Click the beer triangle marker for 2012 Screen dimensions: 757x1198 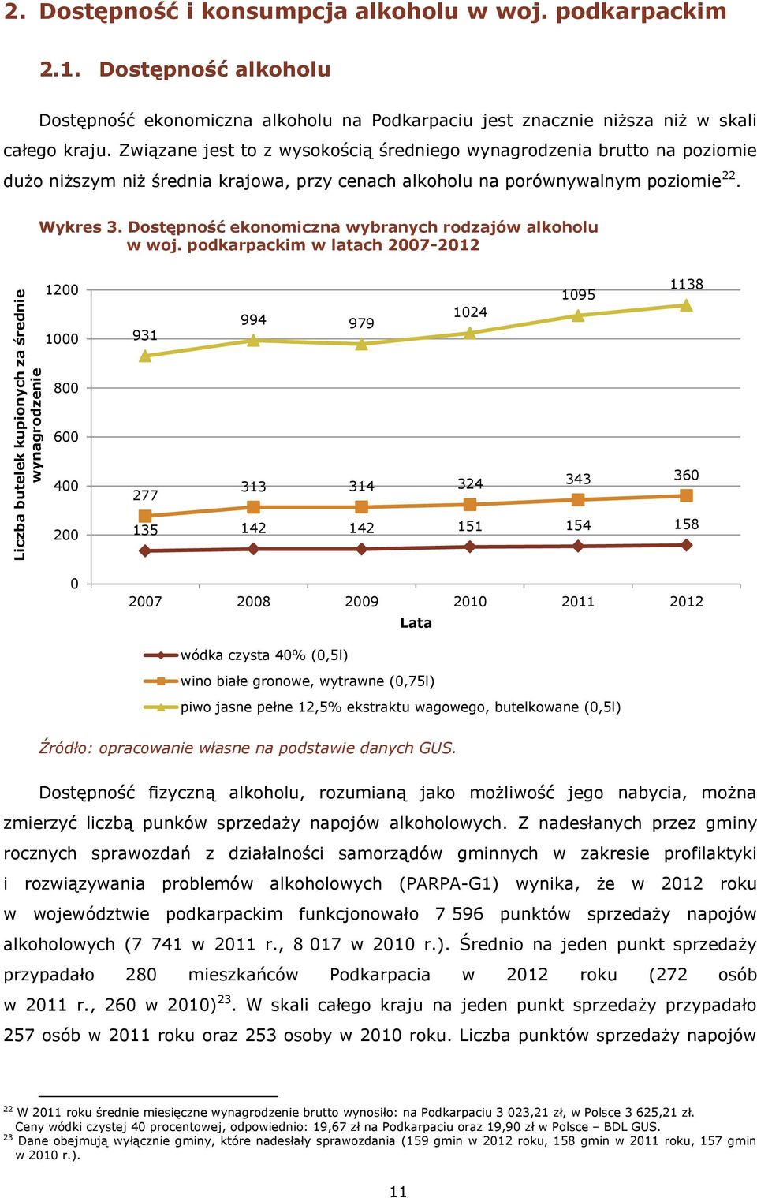(x=687, y=305)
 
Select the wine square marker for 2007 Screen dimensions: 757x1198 (x=145, y=516)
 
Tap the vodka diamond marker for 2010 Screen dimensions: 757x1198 (x=470, y=547)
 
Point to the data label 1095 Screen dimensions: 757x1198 (x=578, y=295)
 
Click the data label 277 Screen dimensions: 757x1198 (x=145, y=495)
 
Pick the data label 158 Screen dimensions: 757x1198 (x=687, y=524)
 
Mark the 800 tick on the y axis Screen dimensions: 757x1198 (x=65, y=388)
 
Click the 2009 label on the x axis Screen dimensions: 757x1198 (x=361, y=602)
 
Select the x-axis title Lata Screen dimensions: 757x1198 (x=416, y=622)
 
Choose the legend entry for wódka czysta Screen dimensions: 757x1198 (x=246, y=655)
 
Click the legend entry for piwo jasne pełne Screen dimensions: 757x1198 (x=382, y=707)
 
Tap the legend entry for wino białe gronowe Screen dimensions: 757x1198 (x=289, y=681)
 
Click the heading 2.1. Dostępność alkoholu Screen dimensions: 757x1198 (x=185, y=69)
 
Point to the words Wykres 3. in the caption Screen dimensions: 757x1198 (x=80, y=227)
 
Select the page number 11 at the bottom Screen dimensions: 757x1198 (x=398, y=1191)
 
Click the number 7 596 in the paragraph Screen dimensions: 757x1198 (x=459, y=915)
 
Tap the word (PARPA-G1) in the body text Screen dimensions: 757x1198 (x=449, y=884)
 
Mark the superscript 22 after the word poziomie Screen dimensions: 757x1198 (x=728, y=175)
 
